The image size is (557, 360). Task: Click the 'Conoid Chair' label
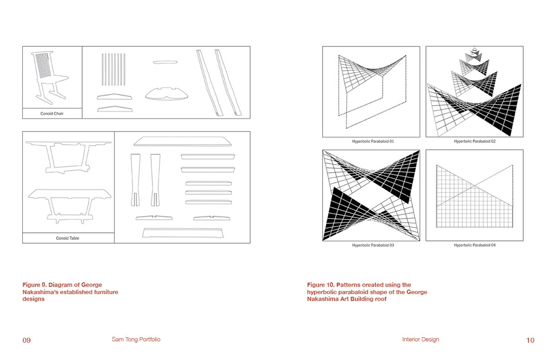click(52, 114)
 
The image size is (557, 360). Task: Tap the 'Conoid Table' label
click(67, 238)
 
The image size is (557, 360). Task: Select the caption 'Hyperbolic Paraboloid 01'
click(373, 141)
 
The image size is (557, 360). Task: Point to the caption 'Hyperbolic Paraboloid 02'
click(474, 141)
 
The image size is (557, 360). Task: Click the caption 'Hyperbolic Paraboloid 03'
click(373, 245)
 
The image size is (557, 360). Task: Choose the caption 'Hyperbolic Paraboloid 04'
click(474, 245)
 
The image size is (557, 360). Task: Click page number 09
click(26, 340)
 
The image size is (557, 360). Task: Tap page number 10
click(530, 340)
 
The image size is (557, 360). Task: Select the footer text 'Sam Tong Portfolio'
click(136, 340)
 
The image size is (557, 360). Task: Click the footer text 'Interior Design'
click(421, 340)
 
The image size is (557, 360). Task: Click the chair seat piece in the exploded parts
click(167, 94)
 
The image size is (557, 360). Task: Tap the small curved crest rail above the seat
click(165, 62)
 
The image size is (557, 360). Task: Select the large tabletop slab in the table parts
click(182, 141)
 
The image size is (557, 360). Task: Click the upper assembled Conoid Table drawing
click(68, 157)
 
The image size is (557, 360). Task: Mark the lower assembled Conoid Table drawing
click(70, 206)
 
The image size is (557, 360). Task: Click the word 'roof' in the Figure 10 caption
click(381, 299)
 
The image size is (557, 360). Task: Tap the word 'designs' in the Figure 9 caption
click(33, 299)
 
